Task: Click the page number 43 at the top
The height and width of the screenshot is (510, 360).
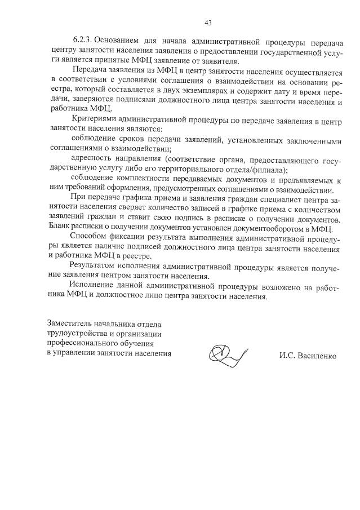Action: (208, 23)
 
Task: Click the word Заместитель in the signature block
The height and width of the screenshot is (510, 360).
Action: (72, 323)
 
